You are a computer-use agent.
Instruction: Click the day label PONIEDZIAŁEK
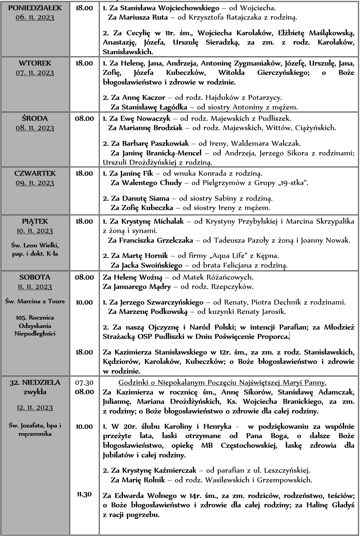click(x=35, y=8)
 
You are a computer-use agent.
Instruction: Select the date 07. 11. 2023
click(x=35, y=73)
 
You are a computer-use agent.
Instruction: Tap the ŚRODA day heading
click(x=35, y=118)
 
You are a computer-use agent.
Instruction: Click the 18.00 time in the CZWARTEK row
click(x=84, y=173)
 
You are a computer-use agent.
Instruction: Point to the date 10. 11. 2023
click(x=35, y=231)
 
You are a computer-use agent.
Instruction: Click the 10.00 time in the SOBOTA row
click(x=84, y=302)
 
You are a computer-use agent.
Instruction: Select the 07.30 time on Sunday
click(x=84, y=383)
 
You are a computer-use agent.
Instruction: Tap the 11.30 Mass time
click(x=84, y=494)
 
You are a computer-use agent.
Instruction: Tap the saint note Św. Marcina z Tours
click(x=35, y=301)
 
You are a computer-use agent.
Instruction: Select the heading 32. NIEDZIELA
click(x=35, y=383)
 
